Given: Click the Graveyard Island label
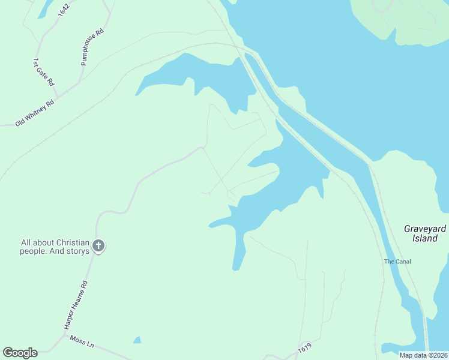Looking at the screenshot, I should (x=425, y=233).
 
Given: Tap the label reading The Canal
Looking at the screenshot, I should (x=397, y=262).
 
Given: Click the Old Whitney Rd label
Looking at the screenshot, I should (x=35, y=113).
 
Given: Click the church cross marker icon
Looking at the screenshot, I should (x=99, y=245).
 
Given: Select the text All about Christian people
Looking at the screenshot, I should (x=55, y=247).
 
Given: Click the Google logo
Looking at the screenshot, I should (x=20, y=353).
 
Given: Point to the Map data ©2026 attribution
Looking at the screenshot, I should (x=423, y=355).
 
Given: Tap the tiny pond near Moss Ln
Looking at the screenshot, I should (x=137, y=340).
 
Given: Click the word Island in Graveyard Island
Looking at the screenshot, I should (x=425, y=238).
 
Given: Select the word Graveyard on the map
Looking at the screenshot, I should (x=425, y=229).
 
